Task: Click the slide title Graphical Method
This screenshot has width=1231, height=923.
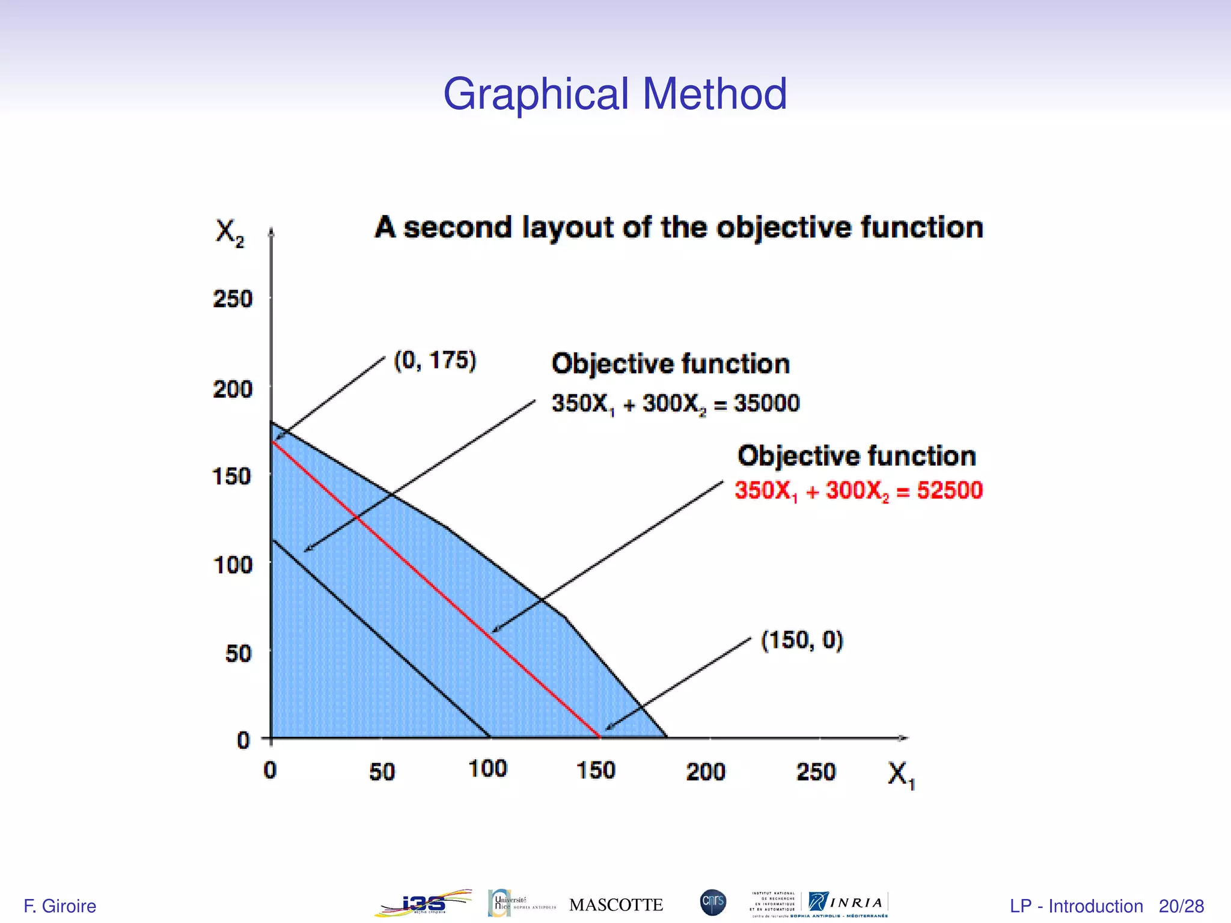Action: point(615,94)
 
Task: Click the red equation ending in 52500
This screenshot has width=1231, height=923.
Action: point(858,491)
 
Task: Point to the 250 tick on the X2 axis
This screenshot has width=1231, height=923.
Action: point(233,299)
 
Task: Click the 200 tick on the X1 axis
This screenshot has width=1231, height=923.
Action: point(706,772)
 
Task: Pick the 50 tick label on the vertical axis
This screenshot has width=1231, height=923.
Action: point(238,653)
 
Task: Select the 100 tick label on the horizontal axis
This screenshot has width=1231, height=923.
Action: point(487,769)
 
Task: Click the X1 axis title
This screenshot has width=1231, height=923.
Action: point(900,775)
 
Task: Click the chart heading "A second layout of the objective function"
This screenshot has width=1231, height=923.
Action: point(679,228)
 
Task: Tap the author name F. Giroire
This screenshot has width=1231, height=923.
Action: point(60,906)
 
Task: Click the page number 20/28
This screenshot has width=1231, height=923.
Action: point(1181,906)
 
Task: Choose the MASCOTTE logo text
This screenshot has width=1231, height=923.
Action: point(615,904)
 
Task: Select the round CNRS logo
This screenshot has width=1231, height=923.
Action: point(713,902)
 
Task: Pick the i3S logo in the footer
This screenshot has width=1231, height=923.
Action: point(423,903)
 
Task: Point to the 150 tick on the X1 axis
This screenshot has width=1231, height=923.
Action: point(596,771)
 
